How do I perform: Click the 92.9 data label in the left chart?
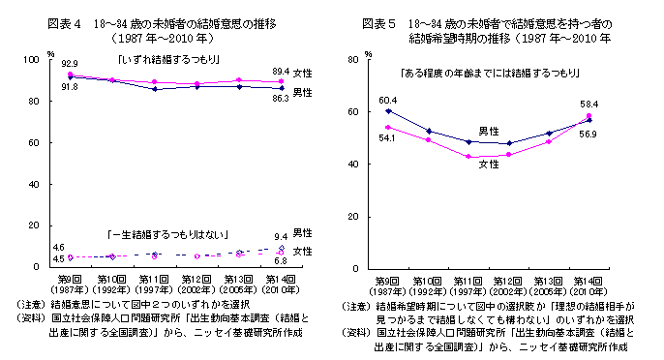tap(69, 63)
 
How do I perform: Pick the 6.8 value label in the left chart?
tap(280, 261)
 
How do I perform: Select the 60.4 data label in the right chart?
tap(387, 100)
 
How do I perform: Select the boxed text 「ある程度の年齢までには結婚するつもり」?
tap(489, 73)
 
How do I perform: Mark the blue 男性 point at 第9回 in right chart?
tap(387, 111)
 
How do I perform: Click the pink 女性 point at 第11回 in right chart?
tap(468, 157)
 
